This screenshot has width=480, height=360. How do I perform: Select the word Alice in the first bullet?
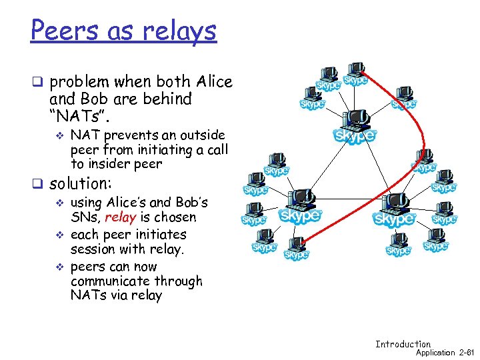214,82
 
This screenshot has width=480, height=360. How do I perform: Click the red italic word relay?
120,217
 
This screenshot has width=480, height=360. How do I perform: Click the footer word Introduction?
403,344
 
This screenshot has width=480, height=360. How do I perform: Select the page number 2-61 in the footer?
466,352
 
